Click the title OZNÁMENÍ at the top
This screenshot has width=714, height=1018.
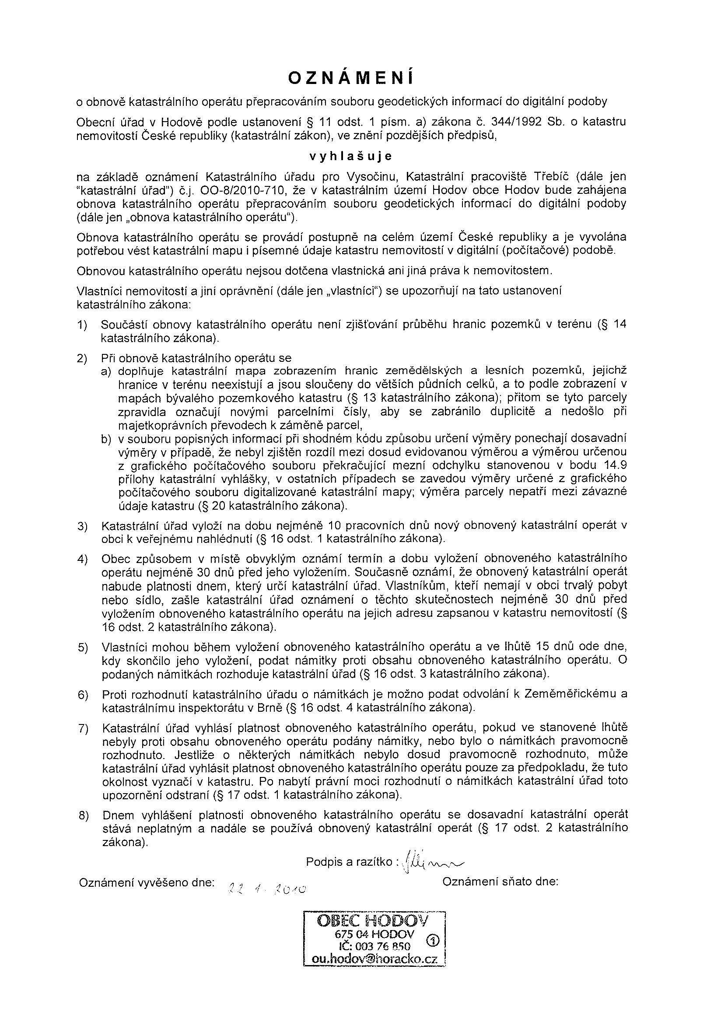pos(350,78)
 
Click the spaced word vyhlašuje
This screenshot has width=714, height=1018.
pos(350,157)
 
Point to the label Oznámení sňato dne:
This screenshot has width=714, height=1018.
pos(500,882)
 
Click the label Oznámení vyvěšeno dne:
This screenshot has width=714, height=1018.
pos(147,882)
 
